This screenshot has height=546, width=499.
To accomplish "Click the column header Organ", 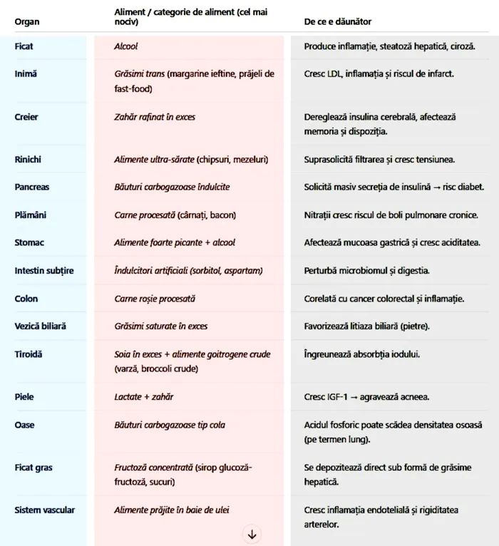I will (x=27, y=22).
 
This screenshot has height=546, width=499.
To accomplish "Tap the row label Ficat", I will (x=24, y=46).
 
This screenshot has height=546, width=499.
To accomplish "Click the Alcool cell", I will (x=126, y=46).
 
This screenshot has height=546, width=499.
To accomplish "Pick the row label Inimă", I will (x=26, y=74).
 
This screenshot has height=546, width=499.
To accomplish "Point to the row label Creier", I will (x=26, y=117).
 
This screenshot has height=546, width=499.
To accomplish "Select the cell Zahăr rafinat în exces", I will (x=155, y=117).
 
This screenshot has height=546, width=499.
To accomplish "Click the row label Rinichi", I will (x=29, y=159).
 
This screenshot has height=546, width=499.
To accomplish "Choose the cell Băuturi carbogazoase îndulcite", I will (x=172, y=187).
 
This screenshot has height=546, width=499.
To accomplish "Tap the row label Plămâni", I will (x=30, y=215).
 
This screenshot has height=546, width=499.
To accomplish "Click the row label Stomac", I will (x=29, y=242).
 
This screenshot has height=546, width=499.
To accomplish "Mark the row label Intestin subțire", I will (x=44, y=271).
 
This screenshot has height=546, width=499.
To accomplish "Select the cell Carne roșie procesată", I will (x=155, y=299).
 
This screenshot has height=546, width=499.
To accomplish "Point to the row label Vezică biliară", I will (x=40, y=326).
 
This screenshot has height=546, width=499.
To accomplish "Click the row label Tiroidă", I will (x=29, y=354).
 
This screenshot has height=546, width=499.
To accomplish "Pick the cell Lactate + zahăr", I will (x=144, y=397).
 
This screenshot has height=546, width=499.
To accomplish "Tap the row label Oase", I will (x=24, y=426).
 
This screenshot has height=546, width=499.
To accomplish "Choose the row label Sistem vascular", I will (x=44, y=510).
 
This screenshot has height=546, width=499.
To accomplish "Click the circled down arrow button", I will (x=252, y=534).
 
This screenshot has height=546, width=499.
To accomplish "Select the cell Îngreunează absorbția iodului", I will (x=361, y=354).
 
